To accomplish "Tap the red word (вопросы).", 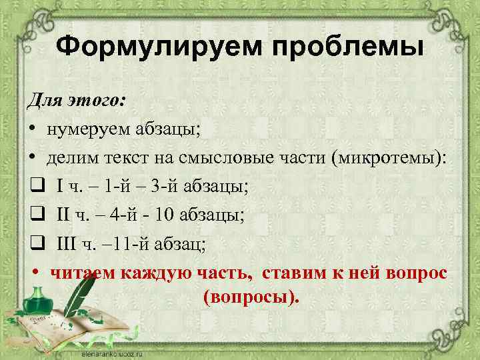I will click(251, 296).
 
